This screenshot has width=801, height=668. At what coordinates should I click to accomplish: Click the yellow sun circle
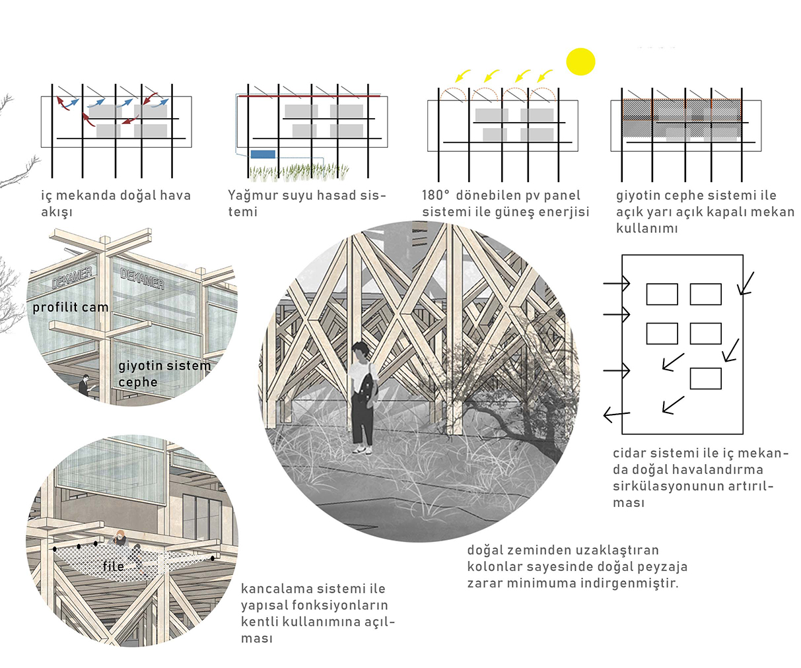[x=580, y=61]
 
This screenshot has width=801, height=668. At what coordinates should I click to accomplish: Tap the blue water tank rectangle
[x=263, y=154]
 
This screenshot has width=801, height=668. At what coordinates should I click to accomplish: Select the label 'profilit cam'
[x=71, y=307]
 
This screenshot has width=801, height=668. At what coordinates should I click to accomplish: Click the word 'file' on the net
[x=113, y=566]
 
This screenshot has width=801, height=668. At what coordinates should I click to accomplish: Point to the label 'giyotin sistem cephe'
[x=164, y=374]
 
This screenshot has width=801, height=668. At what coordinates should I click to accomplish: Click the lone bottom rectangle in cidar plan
[x=705, y=378]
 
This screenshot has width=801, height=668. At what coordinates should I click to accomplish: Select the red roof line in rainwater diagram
[x=309, y=96]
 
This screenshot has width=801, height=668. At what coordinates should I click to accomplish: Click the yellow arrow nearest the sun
[x=545, y=75]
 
